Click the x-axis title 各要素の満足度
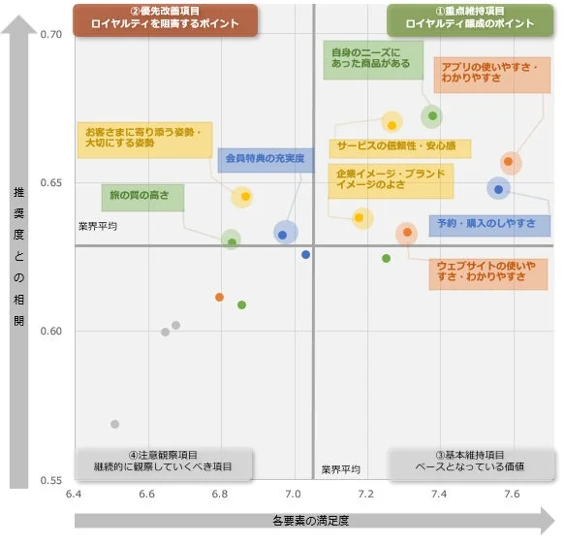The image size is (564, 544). [x=310, y=521]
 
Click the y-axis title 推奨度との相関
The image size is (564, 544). [x=18, y=256]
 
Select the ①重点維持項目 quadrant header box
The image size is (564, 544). [x=470, y=18]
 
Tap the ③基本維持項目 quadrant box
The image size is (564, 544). [x=470, y=462]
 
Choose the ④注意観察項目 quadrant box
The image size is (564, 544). [x=163, y=462]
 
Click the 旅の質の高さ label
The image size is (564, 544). [x=142, y=197]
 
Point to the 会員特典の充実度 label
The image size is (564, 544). [x=265, y=158]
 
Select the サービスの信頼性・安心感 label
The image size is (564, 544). [x=398, y=147]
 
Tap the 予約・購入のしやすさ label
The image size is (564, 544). [x=489, y=224]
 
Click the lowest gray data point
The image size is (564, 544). [x=114, y=424]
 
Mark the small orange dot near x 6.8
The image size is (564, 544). [x=220, y=297]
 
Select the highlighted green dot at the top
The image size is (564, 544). [x=432, y=116]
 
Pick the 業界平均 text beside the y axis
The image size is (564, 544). [x=97, y=226]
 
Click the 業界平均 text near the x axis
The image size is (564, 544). [x=340, y=469]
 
